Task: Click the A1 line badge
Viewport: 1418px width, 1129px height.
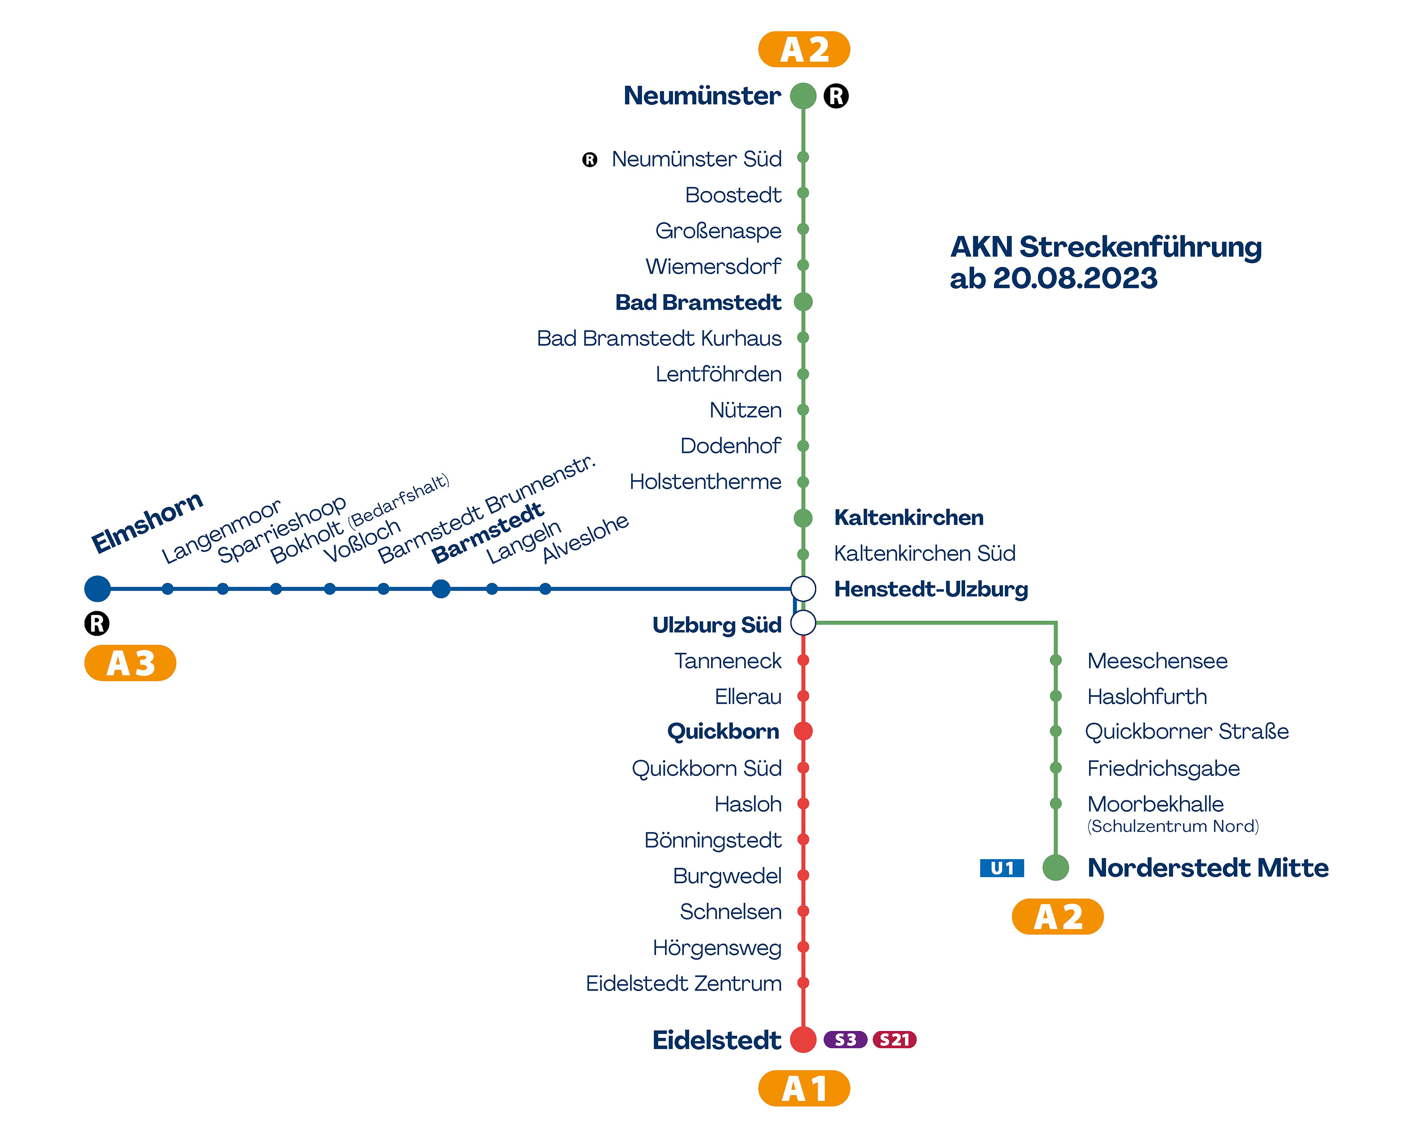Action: [x=804, y=1089]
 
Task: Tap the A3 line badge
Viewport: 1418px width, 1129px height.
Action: [x=130, y=663]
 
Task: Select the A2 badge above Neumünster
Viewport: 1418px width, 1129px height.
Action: [x=804, y=49]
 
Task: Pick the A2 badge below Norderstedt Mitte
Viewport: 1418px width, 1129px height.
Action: [x=1057, y=917]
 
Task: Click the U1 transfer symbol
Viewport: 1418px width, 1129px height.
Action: [x=1002, y=869]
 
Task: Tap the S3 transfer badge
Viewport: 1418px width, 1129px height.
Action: [x=845, y=1040]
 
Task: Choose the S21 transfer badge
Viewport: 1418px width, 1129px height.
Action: [x=894, y=1040]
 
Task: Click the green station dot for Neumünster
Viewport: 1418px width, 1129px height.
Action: [x=803, y=96]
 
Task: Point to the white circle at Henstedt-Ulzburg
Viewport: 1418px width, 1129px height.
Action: [x=803, y=588]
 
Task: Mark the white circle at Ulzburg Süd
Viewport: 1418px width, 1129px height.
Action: [x=803, y=623]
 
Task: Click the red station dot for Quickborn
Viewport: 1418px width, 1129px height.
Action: [x=803, y=731]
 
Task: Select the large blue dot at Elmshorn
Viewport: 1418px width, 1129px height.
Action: [x=97, y=588]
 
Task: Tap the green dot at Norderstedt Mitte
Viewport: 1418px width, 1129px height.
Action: [x=1055, y=867]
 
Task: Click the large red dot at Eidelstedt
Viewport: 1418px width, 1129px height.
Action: [x=803, y=1040]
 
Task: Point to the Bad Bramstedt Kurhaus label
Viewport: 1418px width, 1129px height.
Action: [x=659, y=338]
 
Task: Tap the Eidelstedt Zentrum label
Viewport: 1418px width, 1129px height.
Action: [x=684, y=984]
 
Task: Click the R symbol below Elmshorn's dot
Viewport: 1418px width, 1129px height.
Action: [x=97, y=623]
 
